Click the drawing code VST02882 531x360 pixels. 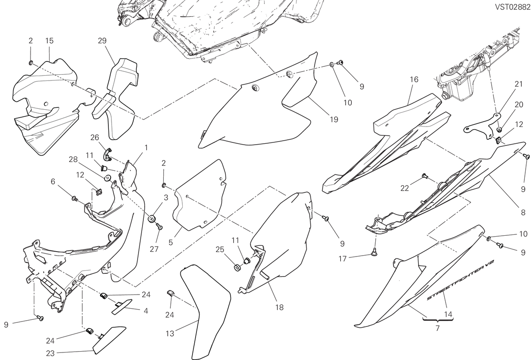click(x=512, y=8)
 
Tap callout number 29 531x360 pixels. click(x=102, y=41)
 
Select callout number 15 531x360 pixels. click(x=49, y=41)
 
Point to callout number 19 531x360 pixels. click(x=334, y=119)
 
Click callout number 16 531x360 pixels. click(x=414, y=80)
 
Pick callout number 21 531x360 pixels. click(x=519, y=84)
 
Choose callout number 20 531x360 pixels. click(x=519, y=104)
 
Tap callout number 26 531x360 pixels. click(x=95, y=138)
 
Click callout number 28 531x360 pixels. click(x=73, y=160)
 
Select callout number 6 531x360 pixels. click(x=53, y=182)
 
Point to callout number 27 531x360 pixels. click(x=154, y=249)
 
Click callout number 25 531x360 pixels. click(x=220, y=249)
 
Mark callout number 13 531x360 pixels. click(x=170, y=334)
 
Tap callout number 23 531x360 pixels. click(x=50, y=354)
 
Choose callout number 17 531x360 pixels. click(x=342, y=259)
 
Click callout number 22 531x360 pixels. click(x=404, y=188)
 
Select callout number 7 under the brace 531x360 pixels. click(x=438, y=328)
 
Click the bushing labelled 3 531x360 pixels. click(x=151, y=218)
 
